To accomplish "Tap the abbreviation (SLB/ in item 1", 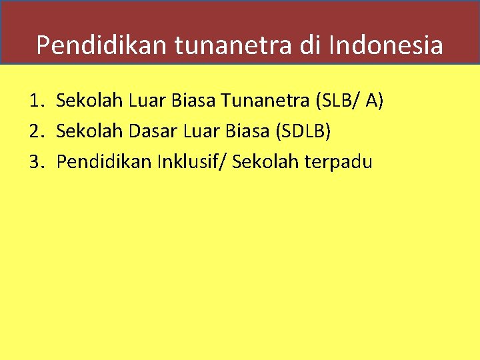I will click(x=332, y=101).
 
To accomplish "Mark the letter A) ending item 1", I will click(x=373, y=101).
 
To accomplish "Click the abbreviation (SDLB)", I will click(x=302, y=131).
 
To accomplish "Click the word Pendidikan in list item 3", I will click(x=104, y=161).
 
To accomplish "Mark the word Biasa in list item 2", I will click(x=242, y=131).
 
